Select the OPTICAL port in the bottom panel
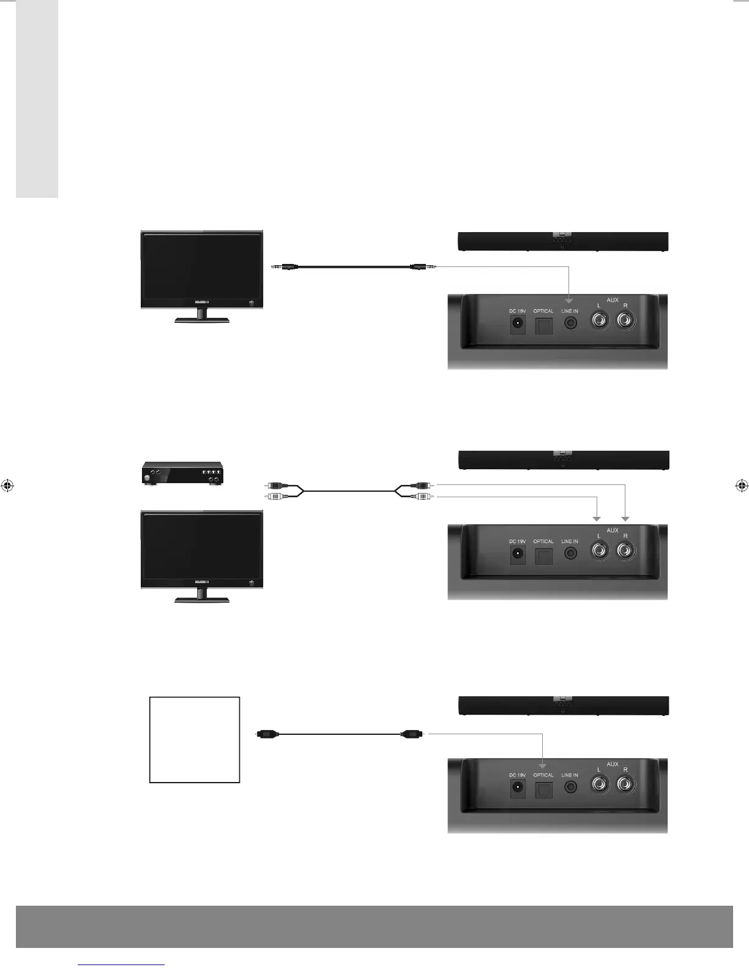543,789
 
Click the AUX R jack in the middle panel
625,551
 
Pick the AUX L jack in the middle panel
599,551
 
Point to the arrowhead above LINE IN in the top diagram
570,301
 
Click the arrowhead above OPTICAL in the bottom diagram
543,765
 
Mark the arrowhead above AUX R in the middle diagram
625,519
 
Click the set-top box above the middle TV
182,473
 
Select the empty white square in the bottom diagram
195,739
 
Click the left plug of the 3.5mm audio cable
284,266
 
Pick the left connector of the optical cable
268,733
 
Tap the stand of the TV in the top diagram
202,315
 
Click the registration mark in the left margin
7,486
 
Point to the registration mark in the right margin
741,486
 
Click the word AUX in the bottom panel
612,764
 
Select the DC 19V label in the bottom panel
517,775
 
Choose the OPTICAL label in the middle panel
543,541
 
